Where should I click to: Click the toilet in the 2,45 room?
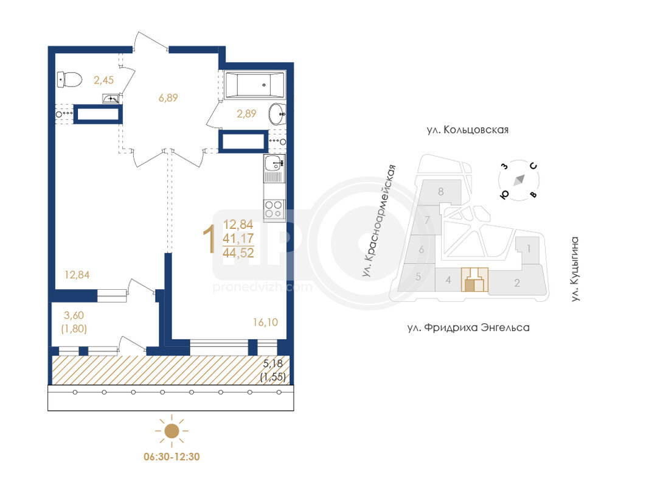(x=69, y=80)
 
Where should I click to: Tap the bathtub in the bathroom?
(x=254, y=85)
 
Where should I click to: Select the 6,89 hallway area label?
(x=168, y=98)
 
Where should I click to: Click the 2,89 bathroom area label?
(x=246, y=113)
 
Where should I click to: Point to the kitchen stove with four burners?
(x=274, y=209)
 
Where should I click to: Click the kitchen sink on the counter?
(x=274, y=163)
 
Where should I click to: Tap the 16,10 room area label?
(x=265, y=322)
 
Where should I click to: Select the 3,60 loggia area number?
(x=74, y=315)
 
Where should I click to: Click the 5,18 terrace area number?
(x=273, y=363)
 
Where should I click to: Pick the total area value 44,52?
(x=238, y=253)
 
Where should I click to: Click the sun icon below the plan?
(x=172, y=430)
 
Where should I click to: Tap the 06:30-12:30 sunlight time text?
(x=172, y=457)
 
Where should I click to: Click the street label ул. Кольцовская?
(x=467, y=130)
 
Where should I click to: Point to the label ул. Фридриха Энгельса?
(x=468, y=328)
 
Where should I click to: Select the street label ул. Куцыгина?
(x=575, y=268)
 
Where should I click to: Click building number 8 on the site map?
(x=441, y=191)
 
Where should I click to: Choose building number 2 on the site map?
(x=517, y=283)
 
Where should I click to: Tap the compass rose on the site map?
(x=519, y=180)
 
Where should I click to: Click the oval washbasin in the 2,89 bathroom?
(x=277, y=113)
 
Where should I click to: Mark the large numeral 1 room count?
(x=209, y=239)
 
